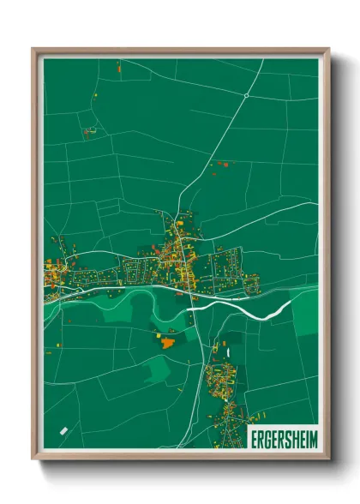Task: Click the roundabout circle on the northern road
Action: tap(246, 96)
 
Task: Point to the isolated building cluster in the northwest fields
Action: tap(88, 132)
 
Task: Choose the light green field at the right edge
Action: tap(304, 313)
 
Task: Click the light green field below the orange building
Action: tap(158, 369)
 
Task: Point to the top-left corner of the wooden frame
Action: tap(33, 50)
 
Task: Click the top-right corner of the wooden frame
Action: tap(328, 50)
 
